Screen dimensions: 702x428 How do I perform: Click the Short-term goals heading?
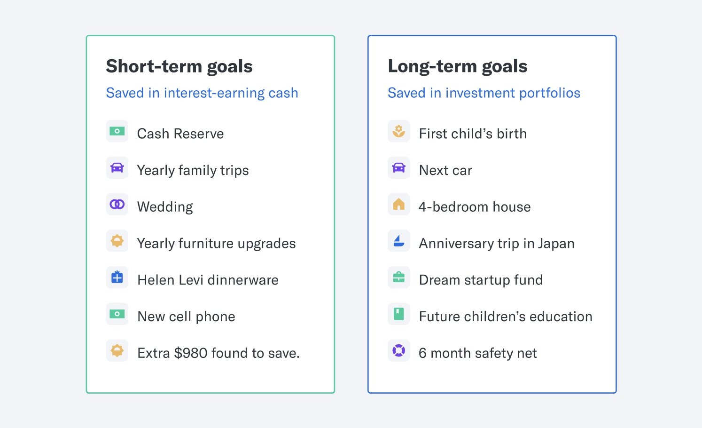(179, 66)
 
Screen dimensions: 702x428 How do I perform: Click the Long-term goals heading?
(458, 66)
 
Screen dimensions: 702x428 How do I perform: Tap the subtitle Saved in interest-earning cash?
(202, 93)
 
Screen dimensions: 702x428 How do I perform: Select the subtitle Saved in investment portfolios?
(484, 93)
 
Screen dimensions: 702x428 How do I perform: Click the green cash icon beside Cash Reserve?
(117, 131)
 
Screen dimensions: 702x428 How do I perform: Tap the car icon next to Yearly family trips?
(117, 167)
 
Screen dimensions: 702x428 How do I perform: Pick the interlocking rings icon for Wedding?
(117, 204)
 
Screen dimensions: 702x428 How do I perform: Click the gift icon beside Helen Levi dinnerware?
(117, 277)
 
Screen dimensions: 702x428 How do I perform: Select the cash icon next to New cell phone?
(117, 314)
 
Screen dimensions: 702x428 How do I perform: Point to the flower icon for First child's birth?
(398, 131)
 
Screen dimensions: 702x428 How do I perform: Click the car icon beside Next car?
(398, 167)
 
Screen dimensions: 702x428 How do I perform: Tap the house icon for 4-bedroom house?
(398, 204)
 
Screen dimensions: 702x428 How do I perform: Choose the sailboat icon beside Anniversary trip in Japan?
(398, 241)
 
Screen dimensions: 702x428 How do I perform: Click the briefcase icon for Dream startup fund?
(398, 277)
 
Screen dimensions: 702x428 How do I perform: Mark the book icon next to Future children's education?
(398, 314)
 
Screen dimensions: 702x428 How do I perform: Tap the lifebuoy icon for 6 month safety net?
(398, 350)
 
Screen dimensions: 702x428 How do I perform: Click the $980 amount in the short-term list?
(191, 353)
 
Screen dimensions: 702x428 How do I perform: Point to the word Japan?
(556, 244)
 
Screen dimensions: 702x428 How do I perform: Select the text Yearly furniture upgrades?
(216, 244)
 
